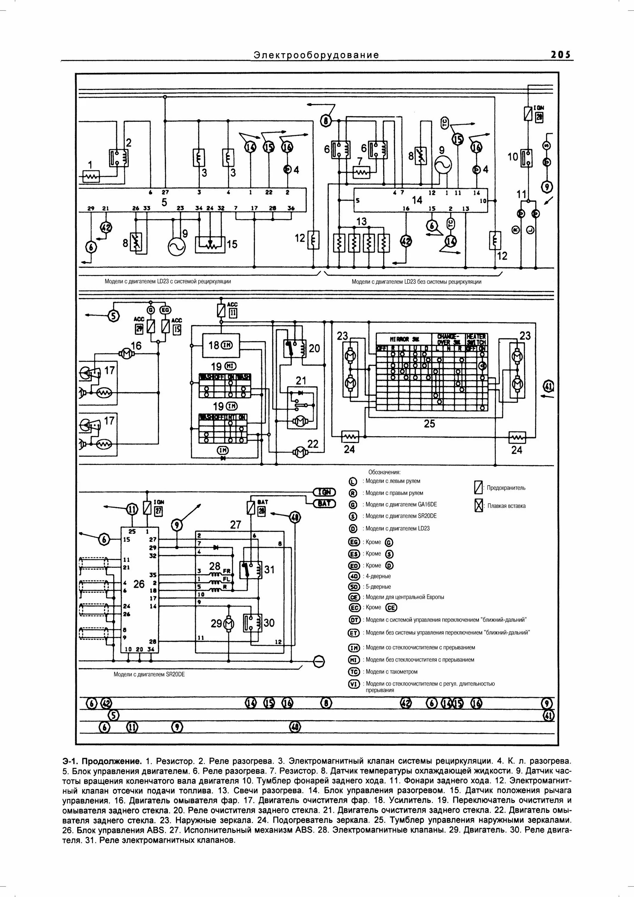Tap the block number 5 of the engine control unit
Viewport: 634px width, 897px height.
tap(164, 202)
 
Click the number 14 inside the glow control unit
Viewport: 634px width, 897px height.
tap(417, 200)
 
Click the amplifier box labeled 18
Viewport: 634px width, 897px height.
tap(221, 345)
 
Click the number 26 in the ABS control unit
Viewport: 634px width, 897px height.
tap(139, 584)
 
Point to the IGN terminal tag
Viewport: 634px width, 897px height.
tap(325, 492)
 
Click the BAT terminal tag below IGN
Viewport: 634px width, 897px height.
tap(325, 503)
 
